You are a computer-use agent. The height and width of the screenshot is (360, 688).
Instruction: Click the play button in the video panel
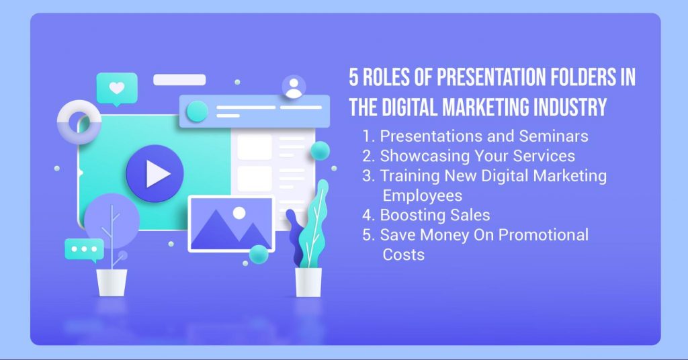coord(155,174)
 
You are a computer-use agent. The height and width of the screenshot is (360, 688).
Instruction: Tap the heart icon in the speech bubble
coord(117,88)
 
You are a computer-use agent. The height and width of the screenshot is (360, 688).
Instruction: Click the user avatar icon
coord(294,87)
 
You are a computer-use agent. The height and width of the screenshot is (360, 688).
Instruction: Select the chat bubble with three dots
coord(84,250)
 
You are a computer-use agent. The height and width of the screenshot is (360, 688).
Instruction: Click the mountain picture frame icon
coord(231,224)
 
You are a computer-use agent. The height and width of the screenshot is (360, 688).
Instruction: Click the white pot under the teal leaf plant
coord(308,282)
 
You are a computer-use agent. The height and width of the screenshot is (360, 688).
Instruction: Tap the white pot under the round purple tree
coord(112,283)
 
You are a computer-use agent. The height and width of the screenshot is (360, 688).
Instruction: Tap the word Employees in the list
coord(422,195)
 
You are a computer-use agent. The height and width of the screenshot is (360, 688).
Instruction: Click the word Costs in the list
coord(403,255)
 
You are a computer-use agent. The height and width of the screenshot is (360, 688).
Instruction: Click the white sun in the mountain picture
coord(239,213)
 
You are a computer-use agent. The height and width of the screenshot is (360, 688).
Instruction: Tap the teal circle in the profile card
coord(197,111)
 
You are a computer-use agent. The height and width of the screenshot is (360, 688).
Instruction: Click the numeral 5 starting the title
coord(353,77)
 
